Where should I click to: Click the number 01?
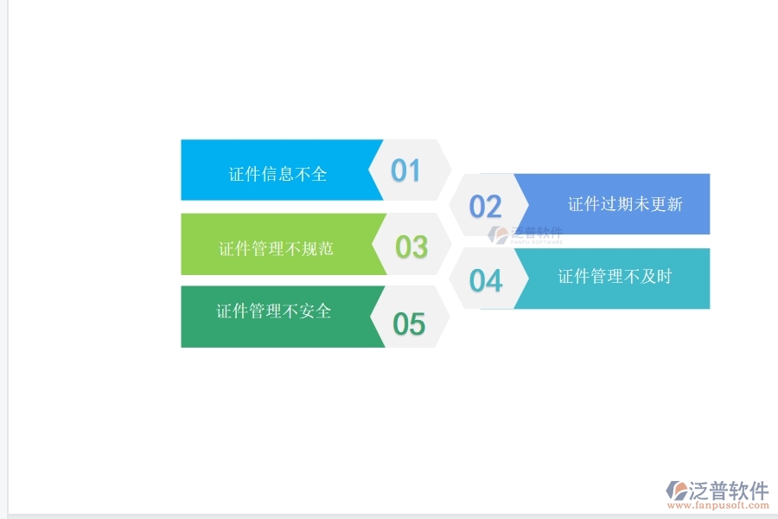click(x=405, y=170)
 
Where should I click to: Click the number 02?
click(x=485, y=206)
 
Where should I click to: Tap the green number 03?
click(x=411, y=247)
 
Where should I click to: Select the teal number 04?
click(x=486, y=280)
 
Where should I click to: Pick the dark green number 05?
click(x=409, y=324)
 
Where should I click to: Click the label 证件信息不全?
click(x=278, y=174)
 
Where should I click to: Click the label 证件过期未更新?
click(x=625, y=204)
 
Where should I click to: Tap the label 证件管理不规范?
click(x=276, y=249)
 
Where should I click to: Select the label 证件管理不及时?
click(x=615, y=276)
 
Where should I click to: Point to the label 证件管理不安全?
click(x=274, y=311)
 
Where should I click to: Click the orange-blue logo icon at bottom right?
click(x=676, y=491)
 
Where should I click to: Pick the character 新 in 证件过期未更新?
click(x=674, y=204)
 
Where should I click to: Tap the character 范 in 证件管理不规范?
click(x=325, y=249)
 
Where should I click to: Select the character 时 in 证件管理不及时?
click(x=664, y=276)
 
